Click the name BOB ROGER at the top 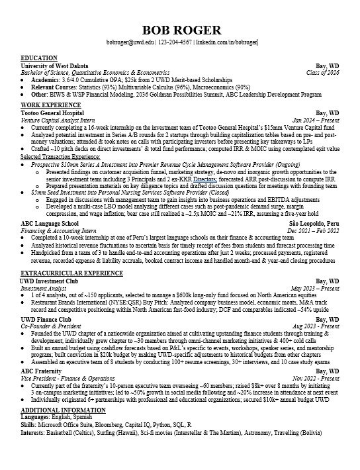coord(180,30)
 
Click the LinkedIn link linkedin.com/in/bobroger coord(226,43)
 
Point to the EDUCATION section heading coord(39,58)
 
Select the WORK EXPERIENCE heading coord(48,105)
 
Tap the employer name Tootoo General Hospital coord(56,113)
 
